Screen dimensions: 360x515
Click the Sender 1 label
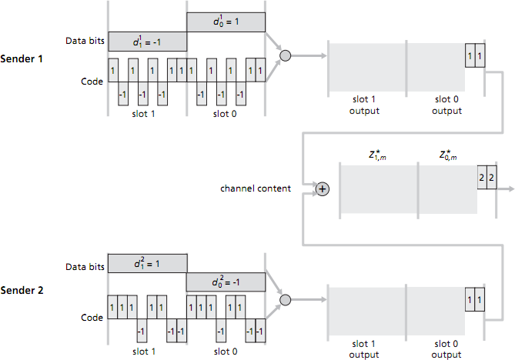[22, 58]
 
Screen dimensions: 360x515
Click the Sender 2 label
[22, 291]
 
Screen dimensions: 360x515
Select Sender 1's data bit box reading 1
[226, 22]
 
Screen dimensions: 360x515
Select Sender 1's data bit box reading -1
[147, 41]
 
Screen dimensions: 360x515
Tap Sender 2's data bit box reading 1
[147, 263]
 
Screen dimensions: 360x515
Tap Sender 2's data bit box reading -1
[226, 282]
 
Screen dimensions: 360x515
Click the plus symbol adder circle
[323, 188]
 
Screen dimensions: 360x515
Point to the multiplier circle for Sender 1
[285, 55]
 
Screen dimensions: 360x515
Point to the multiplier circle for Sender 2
[285, 299]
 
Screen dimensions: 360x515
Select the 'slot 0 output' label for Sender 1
[446, 105]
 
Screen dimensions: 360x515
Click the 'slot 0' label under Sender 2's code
[226, 352]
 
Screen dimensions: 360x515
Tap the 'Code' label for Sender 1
[92, 81]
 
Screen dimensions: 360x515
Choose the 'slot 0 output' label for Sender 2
[446, 349]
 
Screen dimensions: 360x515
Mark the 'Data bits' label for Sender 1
[83, 42]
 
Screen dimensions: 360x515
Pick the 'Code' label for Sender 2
[92, 317]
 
